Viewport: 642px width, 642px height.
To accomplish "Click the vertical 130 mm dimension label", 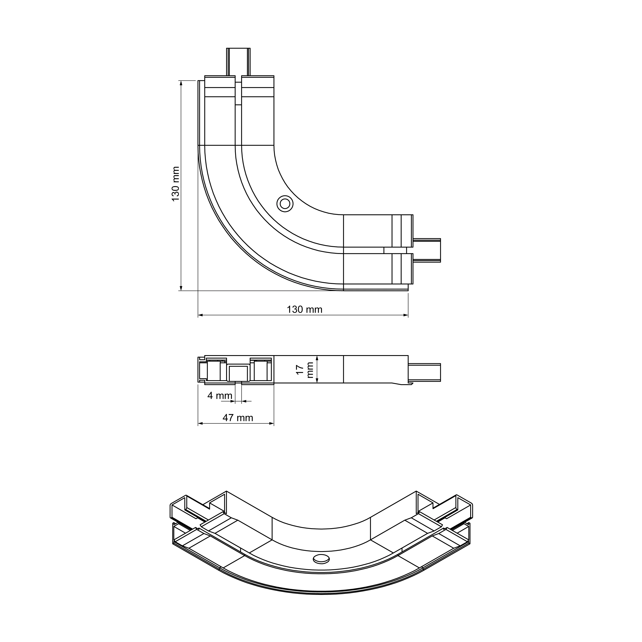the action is pyautogui.click(x=175, y=184).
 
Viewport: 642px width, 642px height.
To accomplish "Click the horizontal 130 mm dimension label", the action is pyautogui.click(x=304, y=309).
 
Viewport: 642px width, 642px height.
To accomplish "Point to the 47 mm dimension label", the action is pyautogui.click(x=238, y=418).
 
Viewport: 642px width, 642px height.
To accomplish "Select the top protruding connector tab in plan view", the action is pyautogui.click(x=238, y=62).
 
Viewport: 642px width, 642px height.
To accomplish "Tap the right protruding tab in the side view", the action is pyautogui.click(x=424, y=372).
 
